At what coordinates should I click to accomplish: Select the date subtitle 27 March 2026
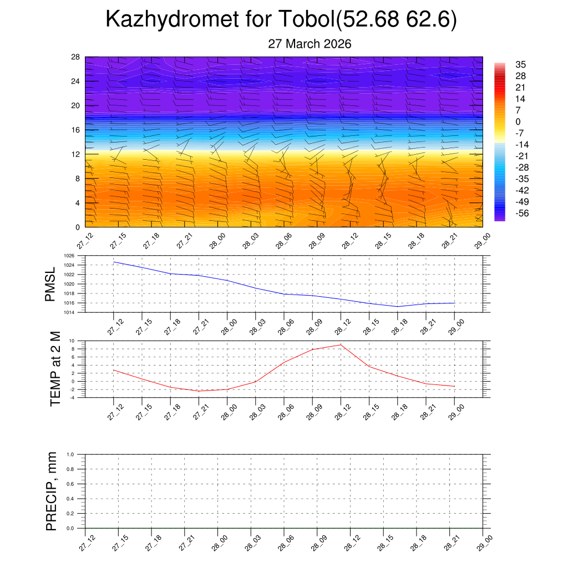tap(310, 44)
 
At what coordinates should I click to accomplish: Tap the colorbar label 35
tap(520, 64)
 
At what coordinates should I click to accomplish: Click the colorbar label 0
tap(518, 121)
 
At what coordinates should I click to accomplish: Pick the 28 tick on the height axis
tap(76, 57)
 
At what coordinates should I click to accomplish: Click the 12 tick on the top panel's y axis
tap(76, 154)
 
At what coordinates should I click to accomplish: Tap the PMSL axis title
tap(50, 285)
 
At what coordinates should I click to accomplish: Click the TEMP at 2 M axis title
tap(55, 368)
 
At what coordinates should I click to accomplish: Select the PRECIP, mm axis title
tap(52, 491)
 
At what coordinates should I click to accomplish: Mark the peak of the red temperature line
tap(341, 345)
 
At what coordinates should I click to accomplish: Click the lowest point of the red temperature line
tap(199, 391)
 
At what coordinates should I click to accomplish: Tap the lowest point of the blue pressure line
tap(397, 306)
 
